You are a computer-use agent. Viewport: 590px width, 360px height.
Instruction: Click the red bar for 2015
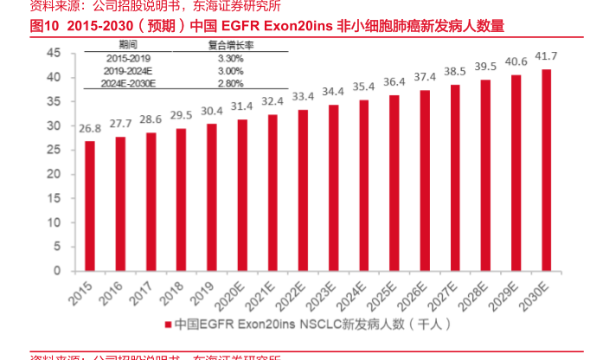coord(90,206)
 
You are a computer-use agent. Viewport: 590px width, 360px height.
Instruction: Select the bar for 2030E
coord(546,170)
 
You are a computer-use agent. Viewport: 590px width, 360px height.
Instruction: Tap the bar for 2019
coord(212,197)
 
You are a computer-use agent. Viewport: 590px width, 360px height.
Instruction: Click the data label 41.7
coord(546,57)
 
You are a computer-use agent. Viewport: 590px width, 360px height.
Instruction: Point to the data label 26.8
coord(90,129)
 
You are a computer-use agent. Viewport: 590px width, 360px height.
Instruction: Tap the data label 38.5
coord(455,72)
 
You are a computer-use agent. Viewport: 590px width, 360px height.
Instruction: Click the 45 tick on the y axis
coord(54,53)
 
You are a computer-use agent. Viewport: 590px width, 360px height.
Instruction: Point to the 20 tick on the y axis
coord(54,174)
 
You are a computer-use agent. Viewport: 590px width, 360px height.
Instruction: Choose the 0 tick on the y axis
coord(57,271)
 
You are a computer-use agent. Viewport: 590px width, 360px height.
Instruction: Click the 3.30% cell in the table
coord(230,57)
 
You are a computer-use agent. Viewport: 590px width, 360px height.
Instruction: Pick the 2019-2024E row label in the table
coord(127,70)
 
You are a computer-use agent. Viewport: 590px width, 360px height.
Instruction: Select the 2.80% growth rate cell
coord(230,83)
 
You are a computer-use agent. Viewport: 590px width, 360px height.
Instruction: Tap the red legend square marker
coord(168,325)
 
